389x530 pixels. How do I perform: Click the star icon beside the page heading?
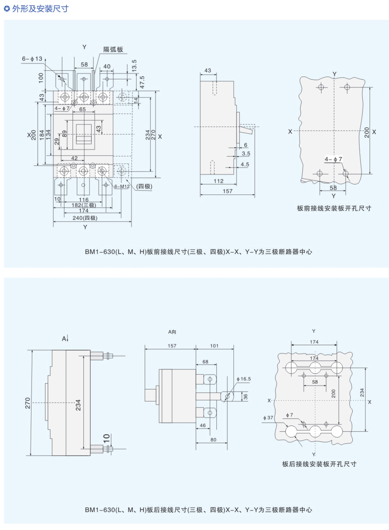pyautogui.click(x=7, y=9)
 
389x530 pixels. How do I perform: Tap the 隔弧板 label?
pyautogui.click(x=113, y=49)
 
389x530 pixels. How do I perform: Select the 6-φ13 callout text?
pyautogui.click(x=32, y=59)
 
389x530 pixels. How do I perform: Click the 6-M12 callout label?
pyautogui.click(x=122, y=186)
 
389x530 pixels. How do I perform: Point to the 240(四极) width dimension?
pyautogui.click(x=85, y=218)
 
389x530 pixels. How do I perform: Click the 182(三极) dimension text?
pyautogui.click(x=84, y=205)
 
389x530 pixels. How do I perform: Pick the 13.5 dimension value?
pyautogui.click(x=134, y=66)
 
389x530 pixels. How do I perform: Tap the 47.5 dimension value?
pyautogui.click(x=142, y=82)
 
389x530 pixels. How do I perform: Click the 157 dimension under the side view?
pyautogui.click(x=227, y=191)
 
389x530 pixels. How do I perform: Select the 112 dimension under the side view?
pyautogui.click(x=218, y=181)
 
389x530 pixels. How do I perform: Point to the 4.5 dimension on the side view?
pyautogui.click(x=245, y=164)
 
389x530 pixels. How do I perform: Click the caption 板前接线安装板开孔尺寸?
pyautogui.click(x=334, y=208)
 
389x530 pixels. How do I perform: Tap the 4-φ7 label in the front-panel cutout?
pyautogui.click(x=333, y=159)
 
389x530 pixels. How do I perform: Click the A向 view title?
pyautogui.click(x=172, y=332)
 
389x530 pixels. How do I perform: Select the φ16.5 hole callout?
pyautogui.click(x=244, y=379)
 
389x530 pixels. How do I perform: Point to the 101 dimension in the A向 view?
pyautogui.click(x=214, y=346)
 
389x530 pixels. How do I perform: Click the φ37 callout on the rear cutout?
pyautogui.click(x=268, y=418)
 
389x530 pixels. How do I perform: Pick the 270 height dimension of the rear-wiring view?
pyautogui.click(x=28, y=403)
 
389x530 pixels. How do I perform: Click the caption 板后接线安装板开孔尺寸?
pyautogui.click(x=319, y=464)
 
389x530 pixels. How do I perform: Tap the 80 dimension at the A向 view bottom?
pyautogui.click(x=213, y=440)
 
